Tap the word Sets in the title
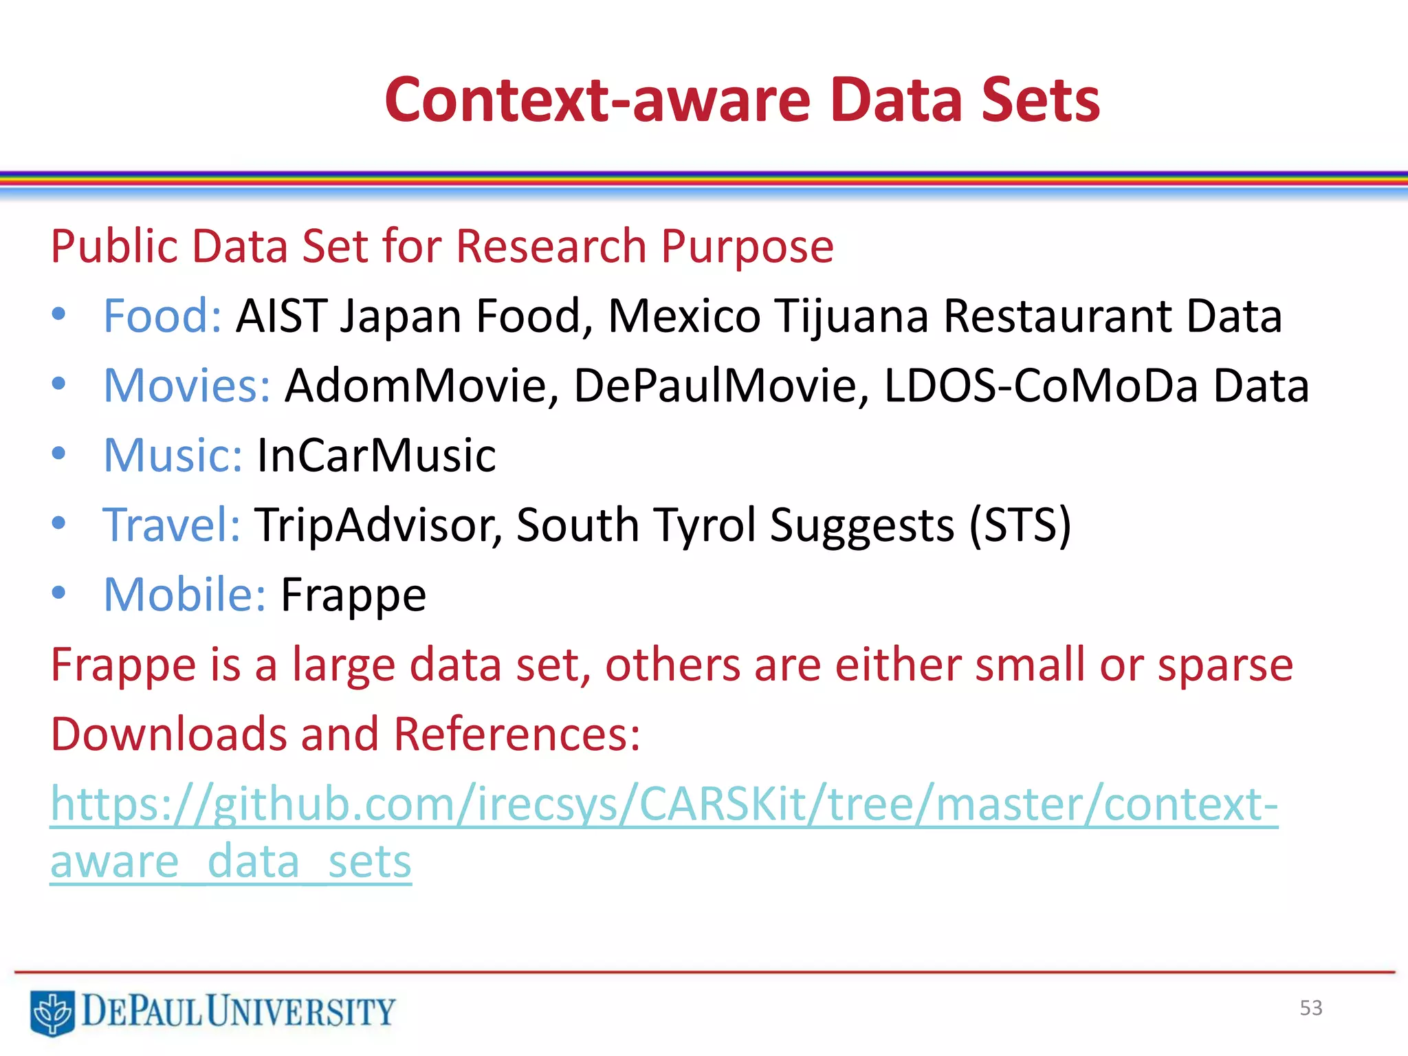click(1040, 100)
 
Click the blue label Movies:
click(187, 386)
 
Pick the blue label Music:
click(173, 455)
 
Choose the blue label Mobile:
click(184, 595)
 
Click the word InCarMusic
click(376, 455)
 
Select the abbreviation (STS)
click(1020, 525)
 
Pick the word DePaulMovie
click(715, 386)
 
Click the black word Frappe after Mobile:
click(353, 595)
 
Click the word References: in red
click(516, 734)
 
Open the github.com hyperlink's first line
click(663, 804)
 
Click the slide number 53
click(1310, 1008)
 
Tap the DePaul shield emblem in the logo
click(52, 1012)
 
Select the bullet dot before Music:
click(59, 453)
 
